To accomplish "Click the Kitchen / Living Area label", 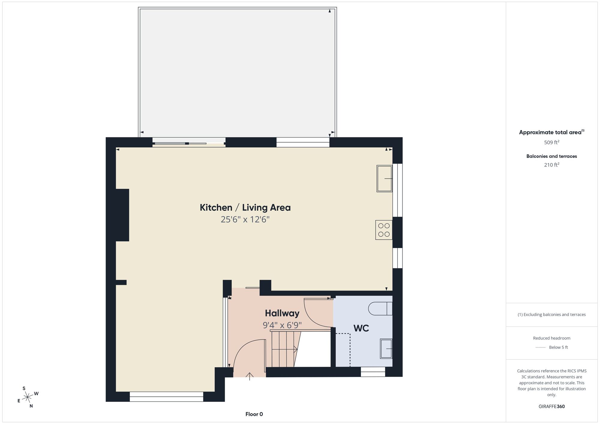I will point(245,208).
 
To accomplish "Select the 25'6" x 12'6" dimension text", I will point(245,219).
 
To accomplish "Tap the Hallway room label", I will point(282,313).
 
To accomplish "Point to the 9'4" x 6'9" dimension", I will point(282,325).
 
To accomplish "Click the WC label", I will point(361,328).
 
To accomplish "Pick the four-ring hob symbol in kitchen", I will point(384,230).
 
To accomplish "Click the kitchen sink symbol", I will point(385,178).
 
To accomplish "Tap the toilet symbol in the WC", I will point(380,309).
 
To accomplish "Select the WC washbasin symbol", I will point(386,349).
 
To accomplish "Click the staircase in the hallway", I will point(283,349).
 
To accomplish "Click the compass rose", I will point(28,397).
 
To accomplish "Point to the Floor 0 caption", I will point(254,414).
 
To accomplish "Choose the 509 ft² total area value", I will point(551,142).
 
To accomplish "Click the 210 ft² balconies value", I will point(551,165).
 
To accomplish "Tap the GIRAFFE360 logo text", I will point(551,407).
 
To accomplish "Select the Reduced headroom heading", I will point(551,338).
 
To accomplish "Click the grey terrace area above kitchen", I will point(237,72).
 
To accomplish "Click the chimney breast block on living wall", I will point(122,215).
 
